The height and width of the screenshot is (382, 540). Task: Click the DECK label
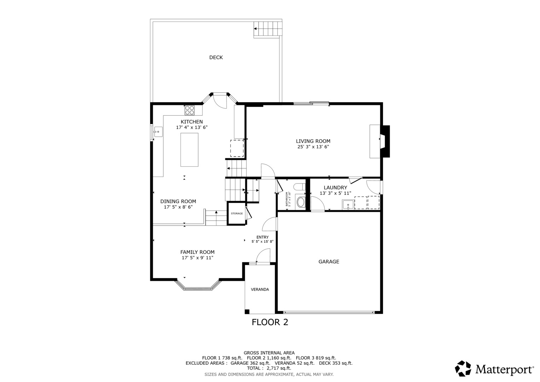click(216, 57)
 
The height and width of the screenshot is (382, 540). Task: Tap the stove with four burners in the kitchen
click(189, 110)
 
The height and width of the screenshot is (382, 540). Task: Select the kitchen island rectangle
click(189, 150)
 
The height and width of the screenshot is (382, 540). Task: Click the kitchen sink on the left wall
click(157, 132)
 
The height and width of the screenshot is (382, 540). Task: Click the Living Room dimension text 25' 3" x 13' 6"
click(313, 146)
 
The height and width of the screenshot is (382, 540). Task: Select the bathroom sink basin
click(301, 202)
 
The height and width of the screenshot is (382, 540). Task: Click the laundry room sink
click(348, 204)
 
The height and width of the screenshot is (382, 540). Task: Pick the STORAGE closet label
click(237, 214)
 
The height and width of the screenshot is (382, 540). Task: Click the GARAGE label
click(329, 262)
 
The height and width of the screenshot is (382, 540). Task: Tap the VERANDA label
click(260, 289)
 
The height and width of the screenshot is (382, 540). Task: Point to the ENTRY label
click(262, 237)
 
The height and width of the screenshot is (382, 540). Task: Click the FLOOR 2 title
click(270, 322)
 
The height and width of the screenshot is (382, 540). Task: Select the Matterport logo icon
click(463, 369)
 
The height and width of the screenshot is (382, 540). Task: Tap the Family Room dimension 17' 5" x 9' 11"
click(197, 258)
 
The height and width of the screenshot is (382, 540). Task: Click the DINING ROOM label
click(178, 201)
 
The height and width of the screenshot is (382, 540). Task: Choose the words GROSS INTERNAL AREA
click(269, 353)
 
